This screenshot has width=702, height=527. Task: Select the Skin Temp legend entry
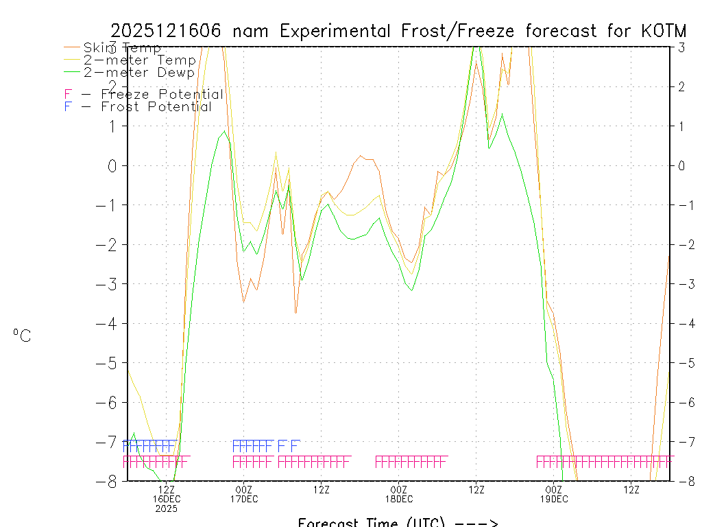pos(122,47)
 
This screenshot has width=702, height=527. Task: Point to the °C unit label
pos(22,336)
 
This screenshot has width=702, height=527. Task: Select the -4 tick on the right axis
pos(681,323)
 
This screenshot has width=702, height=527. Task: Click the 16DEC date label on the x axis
pos(167,499)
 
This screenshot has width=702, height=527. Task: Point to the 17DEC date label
pos(244,499)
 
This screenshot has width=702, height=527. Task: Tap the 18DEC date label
pos(399,499)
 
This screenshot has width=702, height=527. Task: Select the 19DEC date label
pos(554,499)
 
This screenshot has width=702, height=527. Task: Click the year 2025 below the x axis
pos(167,508)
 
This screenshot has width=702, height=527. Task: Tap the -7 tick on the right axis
pos(681,441)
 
